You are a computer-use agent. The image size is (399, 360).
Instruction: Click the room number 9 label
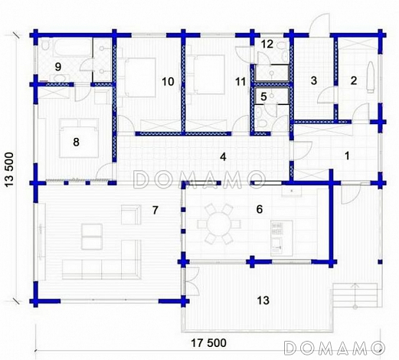coord(58,67)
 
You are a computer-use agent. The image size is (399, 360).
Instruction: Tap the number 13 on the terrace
coord(263,300)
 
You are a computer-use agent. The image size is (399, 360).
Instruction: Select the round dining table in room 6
coord(219,224)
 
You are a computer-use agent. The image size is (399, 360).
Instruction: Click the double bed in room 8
coord(79,138)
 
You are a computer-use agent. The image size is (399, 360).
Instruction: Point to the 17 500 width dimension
coord(208,342)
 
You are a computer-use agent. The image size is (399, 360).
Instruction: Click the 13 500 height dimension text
coord(9,169)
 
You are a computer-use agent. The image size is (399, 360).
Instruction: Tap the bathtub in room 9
coord(72,47)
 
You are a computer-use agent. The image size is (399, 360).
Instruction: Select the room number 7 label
coord(155,210)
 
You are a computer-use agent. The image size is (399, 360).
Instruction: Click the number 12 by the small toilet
coord(267,44)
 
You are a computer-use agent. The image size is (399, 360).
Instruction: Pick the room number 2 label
coord(354,80)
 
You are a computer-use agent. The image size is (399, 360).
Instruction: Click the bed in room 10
coord(140,77)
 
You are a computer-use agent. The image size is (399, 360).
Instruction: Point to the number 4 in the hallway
coord(223,157)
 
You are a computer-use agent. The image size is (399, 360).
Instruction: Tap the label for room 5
coord(263,97)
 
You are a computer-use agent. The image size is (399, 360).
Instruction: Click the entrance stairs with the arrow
coord(355,296)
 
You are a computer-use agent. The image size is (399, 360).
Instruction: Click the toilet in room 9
coord(45,45)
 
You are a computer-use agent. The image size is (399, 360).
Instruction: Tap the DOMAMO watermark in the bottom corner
coord(335,348)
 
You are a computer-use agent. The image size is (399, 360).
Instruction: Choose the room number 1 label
coord(347,155)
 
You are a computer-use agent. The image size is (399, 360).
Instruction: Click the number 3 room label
coord(314,80)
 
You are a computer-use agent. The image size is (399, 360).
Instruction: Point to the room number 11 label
coord(240,82)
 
